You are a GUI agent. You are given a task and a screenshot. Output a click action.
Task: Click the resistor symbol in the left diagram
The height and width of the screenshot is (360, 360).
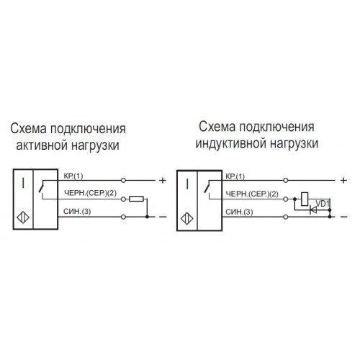click(x=136, y=199)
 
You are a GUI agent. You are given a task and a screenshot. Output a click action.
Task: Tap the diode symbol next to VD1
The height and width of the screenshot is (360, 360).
click(x=313, y=210)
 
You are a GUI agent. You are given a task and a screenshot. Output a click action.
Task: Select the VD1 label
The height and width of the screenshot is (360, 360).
click(x=323, y=204)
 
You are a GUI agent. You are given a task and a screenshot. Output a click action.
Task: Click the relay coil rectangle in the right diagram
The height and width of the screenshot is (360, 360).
click(x=305, y=199)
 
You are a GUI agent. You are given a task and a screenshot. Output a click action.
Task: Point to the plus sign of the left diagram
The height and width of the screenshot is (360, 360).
click(x=163, y=180)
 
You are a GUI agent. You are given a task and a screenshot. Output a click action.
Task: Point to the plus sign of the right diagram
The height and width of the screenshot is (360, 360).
click(x=343, y=180)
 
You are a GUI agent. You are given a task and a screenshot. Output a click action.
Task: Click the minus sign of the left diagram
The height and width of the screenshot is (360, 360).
click(x=163, y=217)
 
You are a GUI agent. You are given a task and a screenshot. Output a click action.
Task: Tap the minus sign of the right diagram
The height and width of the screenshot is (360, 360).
click(x=344, y=217)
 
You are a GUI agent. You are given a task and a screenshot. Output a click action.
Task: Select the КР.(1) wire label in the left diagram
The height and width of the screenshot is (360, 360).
click(x=73, y=176)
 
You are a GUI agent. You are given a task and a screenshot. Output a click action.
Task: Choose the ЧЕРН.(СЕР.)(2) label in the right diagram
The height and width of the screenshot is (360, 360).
click(x=252, y=194)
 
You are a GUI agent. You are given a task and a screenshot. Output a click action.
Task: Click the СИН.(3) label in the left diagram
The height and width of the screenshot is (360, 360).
click(x=77, y=212)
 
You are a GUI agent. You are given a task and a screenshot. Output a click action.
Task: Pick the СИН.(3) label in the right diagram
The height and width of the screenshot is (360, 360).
click(x=239, y=212)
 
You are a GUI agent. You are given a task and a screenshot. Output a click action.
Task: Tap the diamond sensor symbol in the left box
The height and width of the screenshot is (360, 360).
click(x=23, y=217)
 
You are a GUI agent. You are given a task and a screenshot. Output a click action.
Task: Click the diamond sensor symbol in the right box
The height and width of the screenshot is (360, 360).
click(x=187, y=219)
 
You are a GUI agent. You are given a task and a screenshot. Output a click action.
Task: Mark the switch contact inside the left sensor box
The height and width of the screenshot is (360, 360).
click(x=41, y=187)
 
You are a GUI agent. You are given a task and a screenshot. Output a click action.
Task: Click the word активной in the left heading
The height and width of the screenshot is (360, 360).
click(x=40, y=145)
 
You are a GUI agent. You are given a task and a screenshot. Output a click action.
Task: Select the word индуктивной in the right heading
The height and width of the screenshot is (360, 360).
click(x=231, y=143)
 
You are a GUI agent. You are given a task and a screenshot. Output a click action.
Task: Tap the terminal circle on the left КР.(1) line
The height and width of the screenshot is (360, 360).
click(x=123, y=180)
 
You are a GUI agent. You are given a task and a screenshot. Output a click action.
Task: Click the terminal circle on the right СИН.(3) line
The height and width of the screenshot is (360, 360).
click(x=286, y=217)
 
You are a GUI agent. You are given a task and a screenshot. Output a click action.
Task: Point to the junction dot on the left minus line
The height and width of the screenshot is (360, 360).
click(x=147, y=217)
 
